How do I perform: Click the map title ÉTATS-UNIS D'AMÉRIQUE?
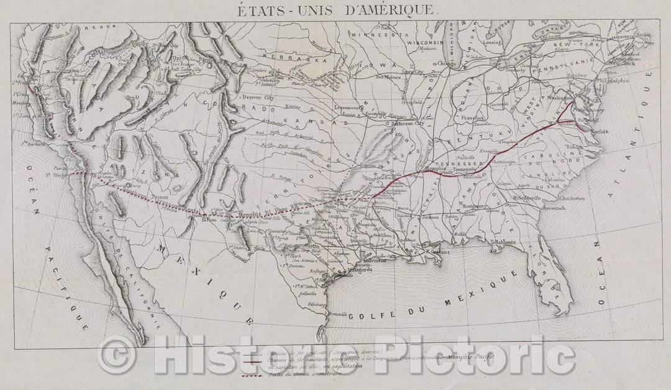336,10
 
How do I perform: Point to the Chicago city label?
445,63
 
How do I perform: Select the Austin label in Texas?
313,246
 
